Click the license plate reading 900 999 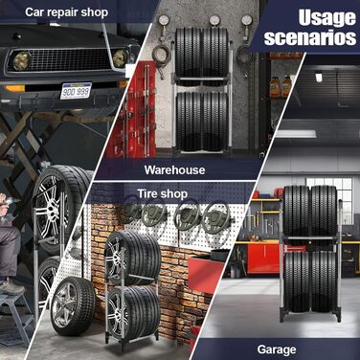coord(76,91)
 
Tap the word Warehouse coord(174,169)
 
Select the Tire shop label coord(163,193)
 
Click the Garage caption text coord(277,349)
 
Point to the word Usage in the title coord(326,18)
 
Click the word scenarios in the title coord(310,37)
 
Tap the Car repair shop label coord(66,12)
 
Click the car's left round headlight coord(22,60)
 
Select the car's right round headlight coord(121,57)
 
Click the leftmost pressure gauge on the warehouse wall coord(163,20)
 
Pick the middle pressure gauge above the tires coord(214,20)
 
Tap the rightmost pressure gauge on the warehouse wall coord(247,20)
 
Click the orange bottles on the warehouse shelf coord(281,86)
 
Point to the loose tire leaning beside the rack coord(73,306)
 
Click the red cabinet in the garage coord(264,258)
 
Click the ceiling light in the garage coord(320,77)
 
